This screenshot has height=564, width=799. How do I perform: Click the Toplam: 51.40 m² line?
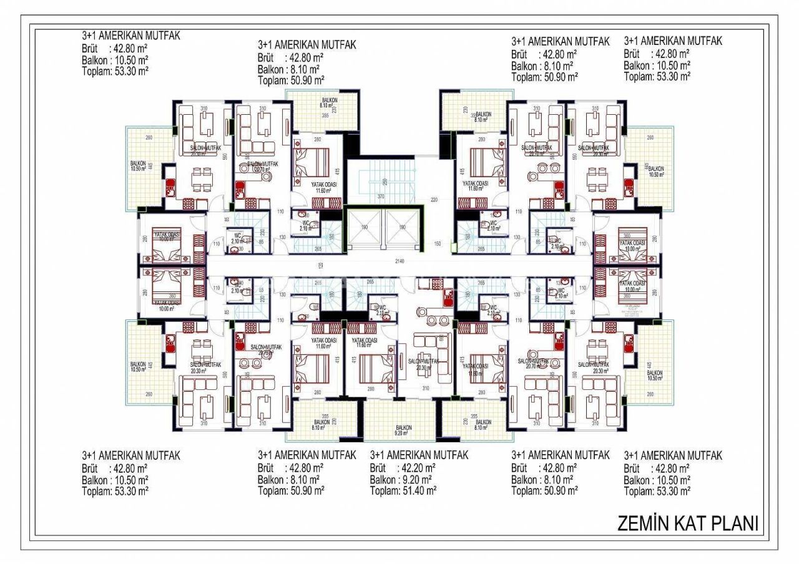pyautogui.click(x=403, y=491)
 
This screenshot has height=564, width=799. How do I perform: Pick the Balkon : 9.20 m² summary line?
pyautogui.click(x=403, y=480)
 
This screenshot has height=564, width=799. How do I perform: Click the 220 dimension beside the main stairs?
pyautogui.click(x=434, y=201)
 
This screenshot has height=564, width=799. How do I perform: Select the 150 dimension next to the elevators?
pyautogui.click(x=437, y=243)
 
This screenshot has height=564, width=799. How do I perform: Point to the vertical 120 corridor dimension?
pyautogui.click(x=321, y=266)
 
